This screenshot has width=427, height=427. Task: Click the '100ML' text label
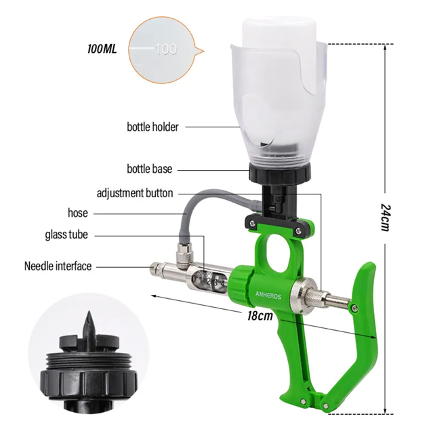tap(102, 49)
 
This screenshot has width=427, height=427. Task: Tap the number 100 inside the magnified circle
tap(166, 49)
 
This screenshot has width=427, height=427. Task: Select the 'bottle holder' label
tap(152, 127)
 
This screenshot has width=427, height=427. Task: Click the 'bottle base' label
tap(150, 169)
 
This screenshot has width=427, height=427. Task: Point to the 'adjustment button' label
tap(135, 193)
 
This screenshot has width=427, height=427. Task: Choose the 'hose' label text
tap(78, 213)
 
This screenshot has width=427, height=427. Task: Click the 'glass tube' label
tap(66, 235)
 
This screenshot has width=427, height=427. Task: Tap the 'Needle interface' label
tap(58, 266)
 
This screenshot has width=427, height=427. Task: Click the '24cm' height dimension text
tap(386, 217)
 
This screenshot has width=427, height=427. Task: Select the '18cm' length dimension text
tap(260, 316)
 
